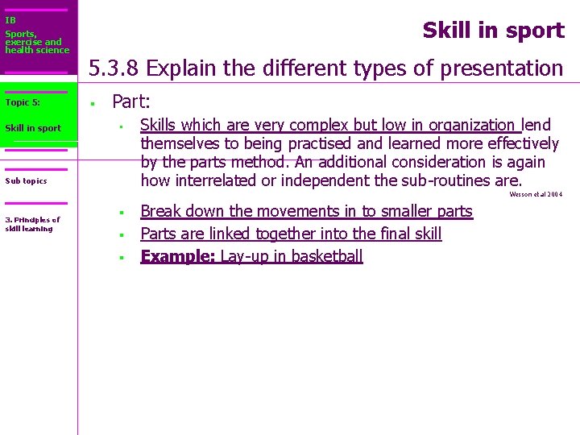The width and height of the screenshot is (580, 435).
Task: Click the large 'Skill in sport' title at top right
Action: click(x=493, y=31)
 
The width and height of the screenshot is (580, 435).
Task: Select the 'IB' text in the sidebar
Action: click(x=10, y=20)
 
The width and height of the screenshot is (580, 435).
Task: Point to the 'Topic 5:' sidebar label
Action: click(x=23, y=102)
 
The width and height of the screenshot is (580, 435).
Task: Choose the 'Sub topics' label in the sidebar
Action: click(x=26, y=181)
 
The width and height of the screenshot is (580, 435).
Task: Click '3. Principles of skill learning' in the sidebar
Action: click(x=32, y=224)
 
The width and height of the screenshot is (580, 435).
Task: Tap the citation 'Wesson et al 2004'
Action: click(x=536, y=194)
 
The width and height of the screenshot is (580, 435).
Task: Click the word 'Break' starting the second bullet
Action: click(x=162, y=211)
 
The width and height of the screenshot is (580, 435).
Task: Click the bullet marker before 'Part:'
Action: click(x=93, y=103)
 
